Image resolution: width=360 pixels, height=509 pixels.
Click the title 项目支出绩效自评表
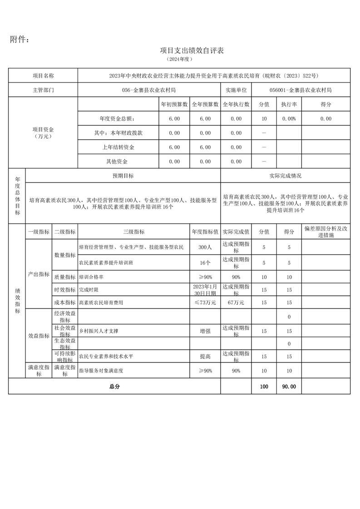pyautogui.click(x=192, y=50)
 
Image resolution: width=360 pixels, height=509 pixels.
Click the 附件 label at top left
pyautogui.click(x=20, y=40)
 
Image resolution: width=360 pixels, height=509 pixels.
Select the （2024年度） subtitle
pyautogui.click(x=180, y=59)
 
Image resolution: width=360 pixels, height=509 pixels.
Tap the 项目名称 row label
pyautogui.click(x=43, y=76)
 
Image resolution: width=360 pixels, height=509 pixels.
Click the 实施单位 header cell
pyautogui.click(x=236, y=90)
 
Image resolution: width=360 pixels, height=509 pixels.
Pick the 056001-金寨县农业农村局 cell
pyautogui.click(x=300, y=90)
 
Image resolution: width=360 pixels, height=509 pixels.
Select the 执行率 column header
pyautogui.click(x=289, y=104)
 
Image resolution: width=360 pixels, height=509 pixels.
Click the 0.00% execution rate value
pyautogui.click(x=289, y=118)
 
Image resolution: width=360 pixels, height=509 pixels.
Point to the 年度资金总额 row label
pyautogui.click(x=117, y=118)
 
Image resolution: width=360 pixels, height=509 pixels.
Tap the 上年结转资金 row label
pyautogui.click(x=118, y=147)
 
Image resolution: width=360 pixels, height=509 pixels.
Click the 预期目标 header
pyautogui.click(x=123, y=176)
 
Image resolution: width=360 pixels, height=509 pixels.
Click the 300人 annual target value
pyautogui.click(x=205, y=248)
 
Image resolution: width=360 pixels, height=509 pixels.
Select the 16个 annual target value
pyautogui.click(x=205, y=263)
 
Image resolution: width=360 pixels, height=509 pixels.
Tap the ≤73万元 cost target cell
pyautogui.click(x=205, y=302)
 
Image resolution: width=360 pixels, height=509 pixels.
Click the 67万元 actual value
pyautogui.click(x=236, y=302)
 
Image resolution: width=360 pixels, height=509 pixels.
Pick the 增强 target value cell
pyautogui.click(x=205, y=331)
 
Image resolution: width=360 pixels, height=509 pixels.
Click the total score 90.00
pyautogui.click(x=289, y=387)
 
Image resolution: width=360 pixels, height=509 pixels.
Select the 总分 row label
pyautogui.click(x=114, y=387)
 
